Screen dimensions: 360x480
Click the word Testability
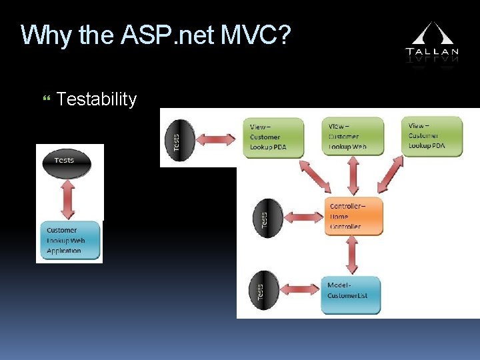[97, 99]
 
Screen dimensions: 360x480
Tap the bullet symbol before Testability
[45, 99]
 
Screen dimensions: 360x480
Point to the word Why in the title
[47, 35]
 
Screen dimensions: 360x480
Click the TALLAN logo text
[432, 51]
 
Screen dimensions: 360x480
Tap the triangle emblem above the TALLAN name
[432, 33]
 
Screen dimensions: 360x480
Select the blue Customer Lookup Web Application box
[69, 240]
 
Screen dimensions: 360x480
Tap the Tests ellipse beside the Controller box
[266, 217]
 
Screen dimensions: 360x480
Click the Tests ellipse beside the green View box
[182, 138]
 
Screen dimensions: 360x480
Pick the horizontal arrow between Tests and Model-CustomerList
[299, 291]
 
